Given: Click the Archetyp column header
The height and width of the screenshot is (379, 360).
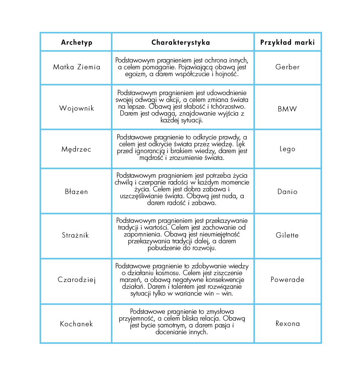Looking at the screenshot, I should coord(77,42).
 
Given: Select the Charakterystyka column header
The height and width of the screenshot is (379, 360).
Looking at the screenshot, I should coord(181,42).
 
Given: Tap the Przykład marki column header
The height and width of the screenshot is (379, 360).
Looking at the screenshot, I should coord(287,42).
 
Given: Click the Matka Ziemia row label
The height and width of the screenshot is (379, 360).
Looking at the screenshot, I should coord(77,67).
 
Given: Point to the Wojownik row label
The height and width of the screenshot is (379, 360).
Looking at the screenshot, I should coord(77,108).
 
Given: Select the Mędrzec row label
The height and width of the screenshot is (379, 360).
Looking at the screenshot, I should coord(77,149).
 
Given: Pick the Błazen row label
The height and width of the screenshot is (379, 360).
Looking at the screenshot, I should coord(77,191).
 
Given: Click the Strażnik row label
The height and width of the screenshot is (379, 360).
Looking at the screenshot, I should coord(75,235).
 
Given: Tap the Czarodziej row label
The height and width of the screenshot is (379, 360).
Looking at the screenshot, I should coord(77,280).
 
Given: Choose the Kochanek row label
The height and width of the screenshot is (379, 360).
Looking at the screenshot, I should coord(77,324).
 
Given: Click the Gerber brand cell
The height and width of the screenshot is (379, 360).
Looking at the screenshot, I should coord(288,67).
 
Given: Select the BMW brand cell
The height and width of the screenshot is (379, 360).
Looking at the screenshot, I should coord(288,109).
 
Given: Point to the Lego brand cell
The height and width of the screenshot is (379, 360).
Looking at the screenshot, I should coord(288,149).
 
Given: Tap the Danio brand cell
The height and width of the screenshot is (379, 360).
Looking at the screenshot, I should coord(288,191).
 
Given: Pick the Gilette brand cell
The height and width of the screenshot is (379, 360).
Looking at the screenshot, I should coord(288,235).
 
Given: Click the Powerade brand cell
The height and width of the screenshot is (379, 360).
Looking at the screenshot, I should coord(288,280).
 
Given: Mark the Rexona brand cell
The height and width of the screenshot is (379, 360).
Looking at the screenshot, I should coord(288,324).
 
